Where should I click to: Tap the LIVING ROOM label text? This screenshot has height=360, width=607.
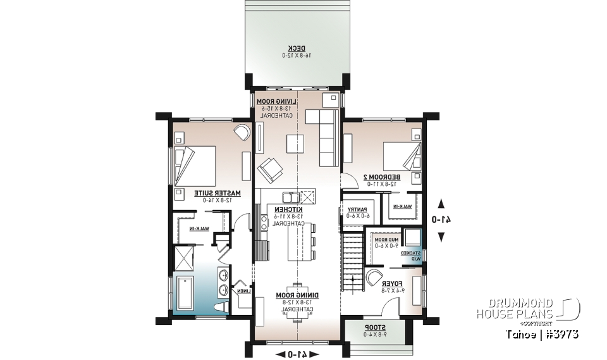coord(271,101)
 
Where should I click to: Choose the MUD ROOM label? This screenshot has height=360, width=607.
coord(386,240)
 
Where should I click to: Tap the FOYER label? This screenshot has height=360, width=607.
coord(392,283)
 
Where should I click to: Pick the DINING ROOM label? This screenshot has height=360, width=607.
coord(297,295)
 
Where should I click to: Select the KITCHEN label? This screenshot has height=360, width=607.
coord(288,209)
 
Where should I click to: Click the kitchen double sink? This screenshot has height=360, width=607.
coord(292,196)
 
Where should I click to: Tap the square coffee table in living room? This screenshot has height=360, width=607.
coord(295,144)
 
